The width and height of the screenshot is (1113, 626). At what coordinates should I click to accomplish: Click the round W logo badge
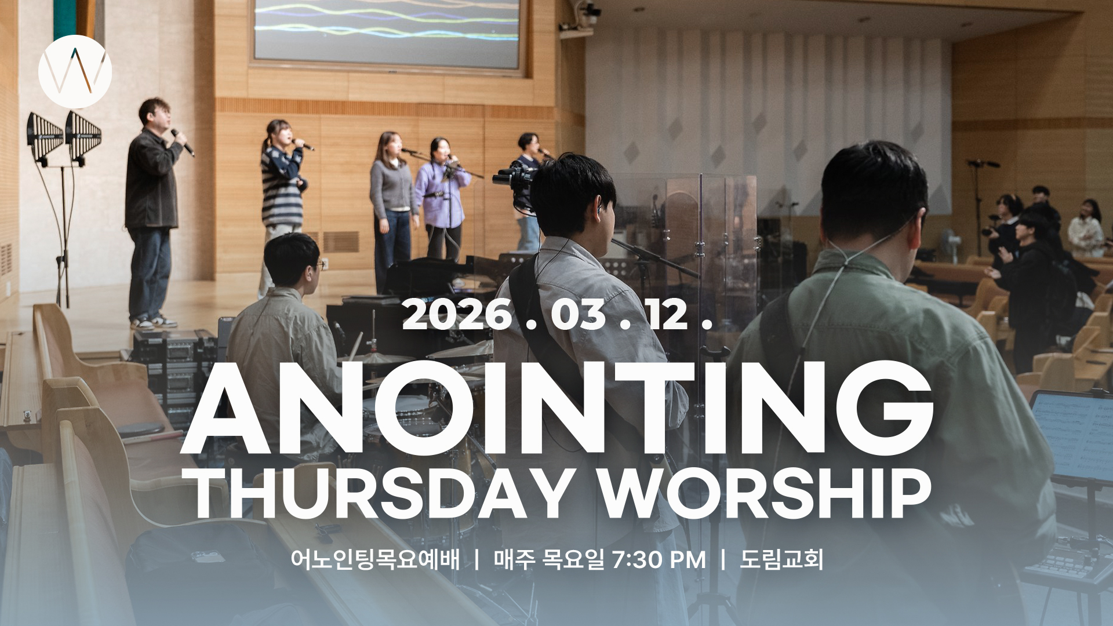click(75, 71)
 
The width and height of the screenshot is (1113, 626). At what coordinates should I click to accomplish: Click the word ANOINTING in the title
click(556, 409)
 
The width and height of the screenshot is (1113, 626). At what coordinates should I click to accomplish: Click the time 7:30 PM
click(659, 560)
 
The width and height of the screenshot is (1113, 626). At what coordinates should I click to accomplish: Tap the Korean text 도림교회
click(781, 560)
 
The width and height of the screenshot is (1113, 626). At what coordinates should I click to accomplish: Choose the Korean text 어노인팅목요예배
click(376, 560)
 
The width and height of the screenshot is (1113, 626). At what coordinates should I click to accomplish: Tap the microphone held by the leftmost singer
click(183, 141)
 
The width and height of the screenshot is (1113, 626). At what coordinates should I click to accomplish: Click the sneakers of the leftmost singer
click(154, 322)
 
